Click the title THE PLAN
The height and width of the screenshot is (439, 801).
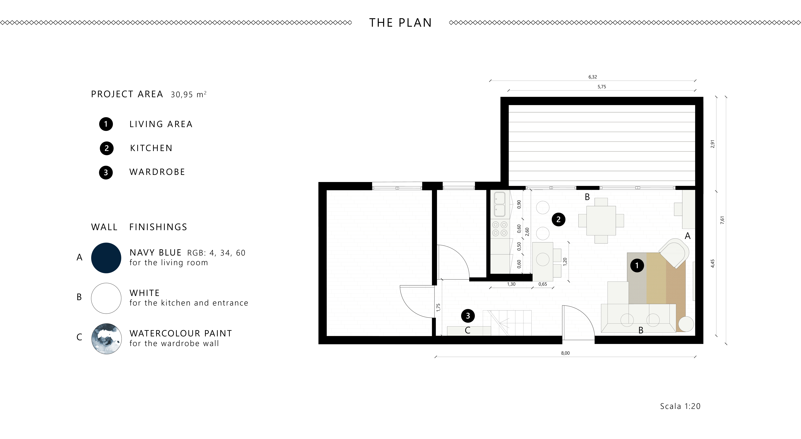point(400,23)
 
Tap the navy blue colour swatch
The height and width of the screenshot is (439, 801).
point(106,258)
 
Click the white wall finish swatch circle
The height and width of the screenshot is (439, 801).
point(106,298)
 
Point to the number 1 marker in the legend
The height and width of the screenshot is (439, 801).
point(106,124)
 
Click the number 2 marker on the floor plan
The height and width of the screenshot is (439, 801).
point(558,219)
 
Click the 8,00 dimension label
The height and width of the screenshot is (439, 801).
point(565,353)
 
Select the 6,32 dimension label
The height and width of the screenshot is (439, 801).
point(593,77)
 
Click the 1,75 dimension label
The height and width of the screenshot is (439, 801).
point(438,307)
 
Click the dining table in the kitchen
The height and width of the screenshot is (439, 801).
point(601,220)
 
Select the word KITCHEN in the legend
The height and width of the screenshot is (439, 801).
point(151,148)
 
